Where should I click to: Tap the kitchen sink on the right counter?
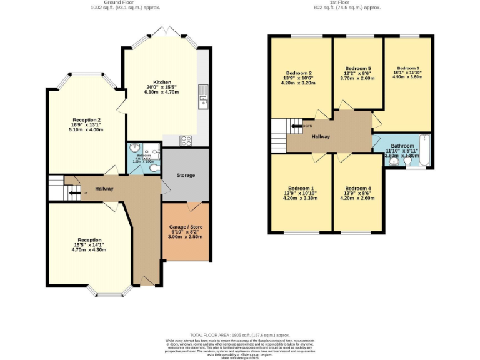click(203, 96)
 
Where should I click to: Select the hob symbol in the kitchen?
click(186, 141)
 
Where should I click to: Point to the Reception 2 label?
click(87, 120)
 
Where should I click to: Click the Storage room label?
click(186, 175)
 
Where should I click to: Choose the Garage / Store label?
click(185, 227)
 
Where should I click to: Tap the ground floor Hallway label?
click(104, 189)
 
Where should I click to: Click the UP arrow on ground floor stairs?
click(75, 193)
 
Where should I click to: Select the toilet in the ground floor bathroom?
click(154, 167)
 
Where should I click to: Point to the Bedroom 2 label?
click(300, 72)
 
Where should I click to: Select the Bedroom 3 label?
click(407, 67)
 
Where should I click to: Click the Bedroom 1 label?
click(300, 188)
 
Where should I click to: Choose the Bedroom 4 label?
click(357, 188)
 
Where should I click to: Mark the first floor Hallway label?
click(321, 136)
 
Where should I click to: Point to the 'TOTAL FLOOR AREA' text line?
click(240, 335)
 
